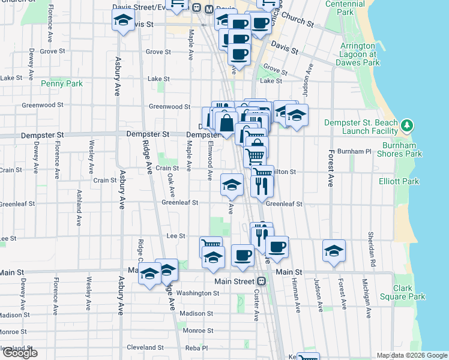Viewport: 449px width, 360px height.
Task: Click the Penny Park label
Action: (62, 84)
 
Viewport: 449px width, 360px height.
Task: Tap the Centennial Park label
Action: (345, 8)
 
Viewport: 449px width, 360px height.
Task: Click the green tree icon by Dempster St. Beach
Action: (408, 125)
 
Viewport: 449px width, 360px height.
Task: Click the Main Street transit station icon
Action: (261, 281)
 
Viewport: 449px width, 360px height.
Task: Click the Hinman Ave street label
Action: (297, 295)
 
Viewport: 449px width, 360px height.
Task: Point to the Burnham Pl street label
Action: (355, 152)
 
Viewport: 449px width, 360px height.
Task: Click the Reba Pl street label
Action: (196, 348)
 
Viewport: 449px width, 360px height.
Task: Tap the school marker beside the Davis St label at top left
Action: (123, 21)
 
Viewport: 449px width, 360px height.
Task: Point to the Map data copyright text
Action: (412, 355)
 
